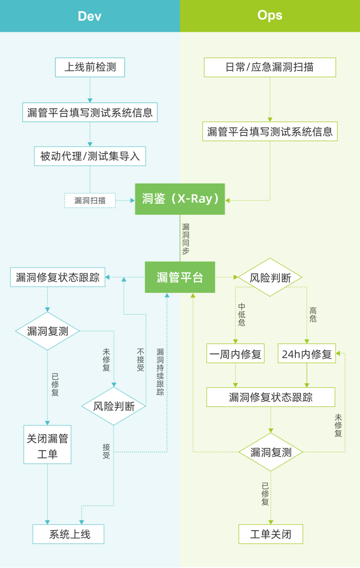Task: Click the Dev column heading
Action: tap(89, 16)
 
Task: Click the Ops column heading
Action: tap(270, 15)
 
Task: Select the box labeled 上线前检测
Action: tap(90, 67)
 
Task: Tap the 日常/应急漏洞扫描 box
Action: tap(270, 67)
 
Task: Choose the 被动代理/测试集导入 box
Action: tap(90, 156)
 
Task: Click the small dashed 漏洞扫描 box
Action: tap(90, 200)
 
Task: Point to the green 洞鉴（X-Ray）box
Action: tap(180, 199)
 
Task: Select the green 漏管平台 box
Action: tap(180, 277)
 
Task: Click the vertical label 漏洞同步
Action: tap(186, 239)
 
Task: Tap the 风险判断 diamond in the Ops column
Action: tap(270, 277)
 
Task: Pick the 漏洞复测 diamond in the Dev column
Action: tap(47, 331)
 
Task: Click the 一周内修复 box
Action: tap(235, 354)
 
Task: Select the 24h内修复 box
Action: tap(307, 354)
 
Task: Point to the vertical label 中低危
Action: tap(242, 314)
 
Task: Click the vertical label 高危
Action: tap(313, 315)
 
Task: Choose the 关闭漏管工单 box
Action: tap(47, 445)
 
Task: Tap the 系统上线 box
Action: tap(68, 534)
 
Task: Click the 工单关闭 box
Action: tap(271, 534)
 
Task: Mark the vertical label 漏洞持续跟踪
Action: tap(160, 372)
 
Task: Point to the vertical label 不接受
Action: tap(141, 360)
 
